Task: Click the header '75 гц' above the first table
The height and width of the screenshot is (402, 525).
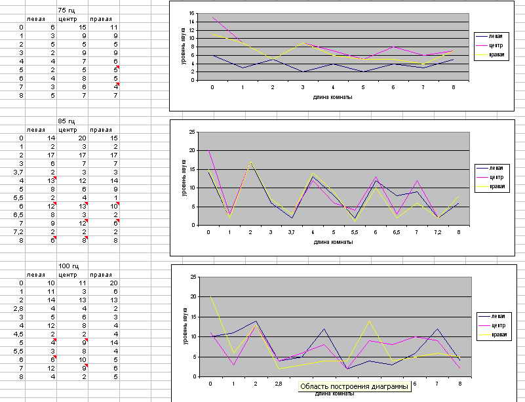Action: tap(66, 10)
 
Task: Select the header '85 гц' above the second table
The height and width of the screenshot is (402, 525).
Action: tap(66, 121)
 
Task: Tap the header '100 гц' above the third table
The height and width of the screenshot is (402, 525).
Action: tap(68, 265)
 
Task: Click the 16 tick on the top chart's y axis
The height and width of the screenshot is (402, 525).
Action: tap(192, 13)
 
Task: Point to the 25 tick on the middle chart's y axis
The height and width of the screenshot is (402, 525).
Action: tap(191, 132)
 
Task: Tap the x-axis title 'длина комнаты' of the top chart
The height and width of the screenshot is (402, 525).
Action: tap(333, 96)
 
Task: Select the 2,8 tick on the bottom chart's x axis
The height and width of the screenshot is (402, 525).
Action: tap(279, 384)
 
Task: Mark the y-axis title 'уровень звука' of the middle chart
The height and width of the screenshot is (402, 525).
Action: tap(184, 178)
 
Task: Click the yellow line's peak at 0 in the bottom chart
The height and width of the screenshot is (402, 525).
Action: tap(210, 296)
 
